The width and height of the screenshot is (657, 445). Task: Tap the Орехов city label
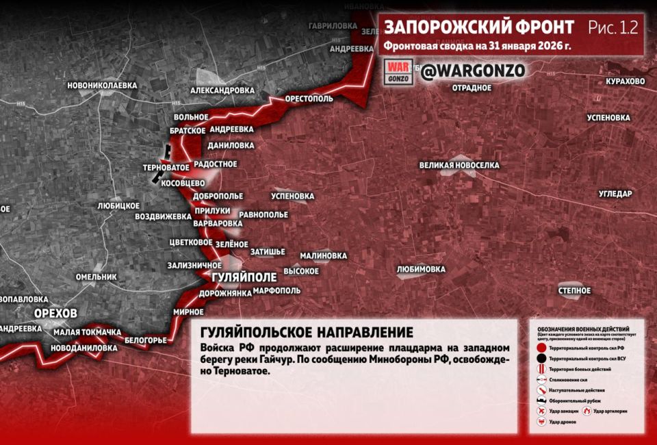coord(55,313)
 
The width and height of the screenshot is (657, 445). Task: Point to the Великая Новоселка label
coord(459,166)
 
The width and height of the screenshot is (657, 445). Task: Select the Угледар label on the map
coord(615,194)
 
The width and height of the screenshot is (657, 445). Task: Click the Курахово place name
coord(625,81)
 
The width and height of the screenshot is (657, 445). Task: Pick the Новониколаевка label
coord(102,86)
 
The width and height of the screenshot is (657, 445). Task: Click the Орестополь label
coord(309,99)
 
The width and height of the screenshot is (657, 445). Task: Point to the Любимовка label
coord(421,270)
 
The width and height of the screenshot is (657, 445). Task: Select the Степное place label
coord(574,291)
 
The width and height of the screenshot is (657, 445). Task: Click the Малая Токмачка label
coord(87,333)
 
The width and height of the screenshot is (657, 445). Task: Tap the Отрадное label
coord(472,88)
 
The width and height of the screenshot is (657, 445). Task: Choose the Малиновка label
coord(323,256)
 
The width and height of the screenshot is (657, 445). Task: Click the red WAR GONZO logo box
coord(398,72)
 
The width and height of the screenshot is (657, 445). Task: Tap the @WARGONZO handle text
coord(472,71)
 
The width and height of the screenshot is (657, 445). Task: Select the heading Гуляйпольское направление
coord(307,333)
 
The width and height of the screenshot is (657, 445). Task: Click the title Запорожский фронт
coord(478,27)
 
